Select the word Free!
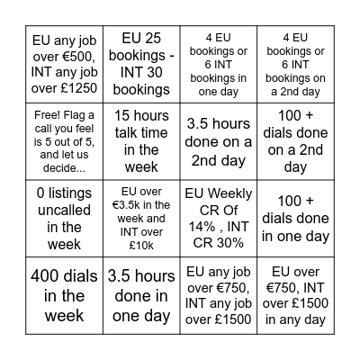click(45, 115)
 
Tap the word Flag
click(74, 115)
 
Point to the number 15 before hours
click(122, 114)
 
